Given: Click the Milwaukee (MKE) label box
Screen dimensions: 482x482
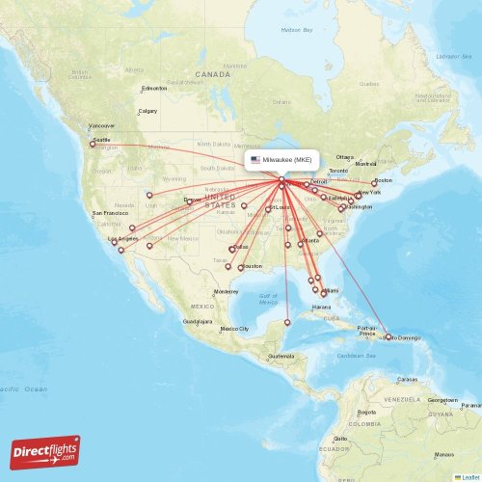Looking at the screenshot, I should (x=281, y=159).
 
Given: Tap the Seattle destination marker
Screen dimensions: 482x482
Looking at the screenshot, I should (x=94, y=145).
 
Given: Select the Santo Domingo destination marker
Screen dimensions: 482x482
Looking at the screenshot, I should (x=388, y=336).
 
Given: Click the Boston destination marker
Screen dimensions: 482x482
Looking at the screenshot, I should (x=375, y=181).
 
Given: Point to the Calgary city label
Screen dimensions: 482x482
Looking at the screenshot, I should (x=147, y=111).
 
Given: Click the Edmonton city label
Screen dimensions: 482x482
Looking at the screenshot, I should (x=153, y=89).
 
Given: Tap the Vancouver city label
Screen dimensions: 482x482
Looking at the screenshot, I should (x=101, y=126).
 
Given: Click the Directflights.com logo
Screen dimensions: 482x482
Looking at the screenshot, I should (x=45, y=451).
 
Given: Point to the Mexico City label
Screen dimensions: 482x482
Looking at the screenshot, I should (x=234, y=329).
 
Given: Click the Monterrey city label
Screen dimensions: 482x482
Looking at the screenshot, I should (x=226, y=291).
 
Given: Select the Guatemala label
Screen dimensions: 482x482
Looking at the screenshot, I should (x=281, y=357).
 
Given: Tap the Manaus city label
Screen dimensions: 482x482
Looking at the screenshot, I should (x=443, y=454).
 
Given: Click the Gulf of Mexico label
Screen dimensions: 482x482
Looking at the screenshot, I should (x=268, y=299).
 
